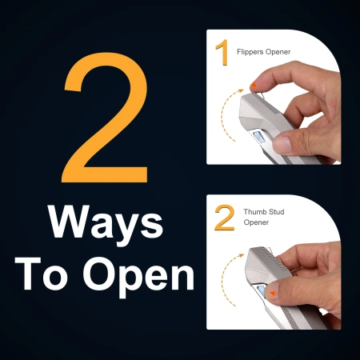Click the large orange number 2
[106, 118]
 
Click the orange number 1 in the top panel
[222, 52]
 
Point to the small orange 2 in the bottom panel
[225, 218]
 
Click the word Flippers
[250, 52]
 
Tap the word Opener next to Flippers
[278, 52]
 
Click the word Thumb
[255, 212]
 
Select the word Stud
[277, 212]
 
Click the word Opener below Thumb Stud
[256, 222]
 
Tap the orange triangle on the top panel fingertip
[254, 85]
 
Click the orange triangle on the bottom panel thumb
[273, 294]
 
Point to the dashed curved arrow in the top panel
[223, 114]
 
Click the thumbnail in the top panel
[282, 144]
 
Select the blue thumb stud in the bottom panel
[262, 291]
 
